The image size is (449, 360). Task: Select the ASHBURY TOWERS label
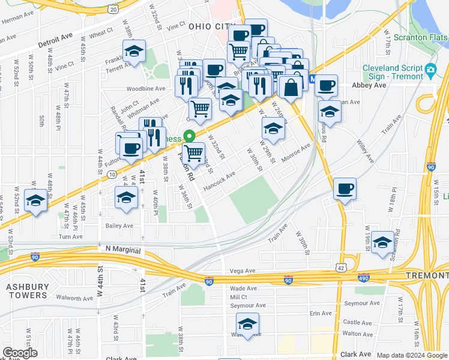tap(26, 291)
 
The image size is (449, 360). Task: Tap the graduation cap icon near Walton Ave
tap(247, 325)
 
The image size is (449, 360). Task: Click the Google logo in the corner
tap(20, 353)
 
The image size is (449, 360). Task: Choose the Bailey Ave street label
tap(128, 226)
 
